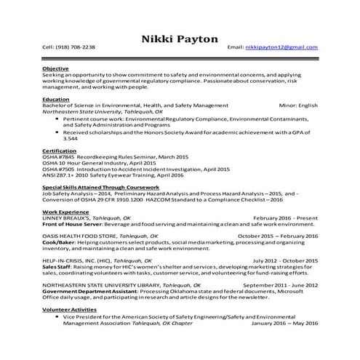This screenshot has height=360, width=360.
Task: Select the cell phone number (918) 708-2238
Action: point(78,47)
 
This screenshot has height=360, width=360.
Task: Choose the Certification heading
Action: point(60,151)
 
